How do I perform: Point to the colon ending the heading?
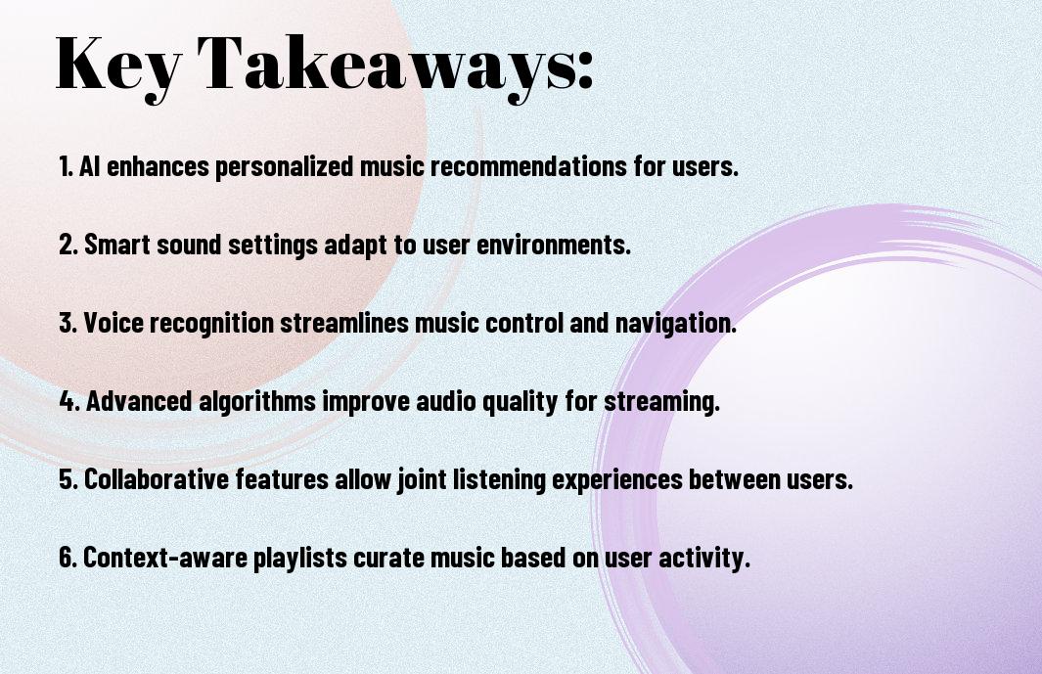click(x=585, y=69)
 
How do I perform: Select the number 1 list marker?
click(x=66, y=166)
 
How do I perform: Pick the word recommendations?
click(x=528, y=166)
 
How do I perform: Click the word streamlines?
click(x=343, y=323)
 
